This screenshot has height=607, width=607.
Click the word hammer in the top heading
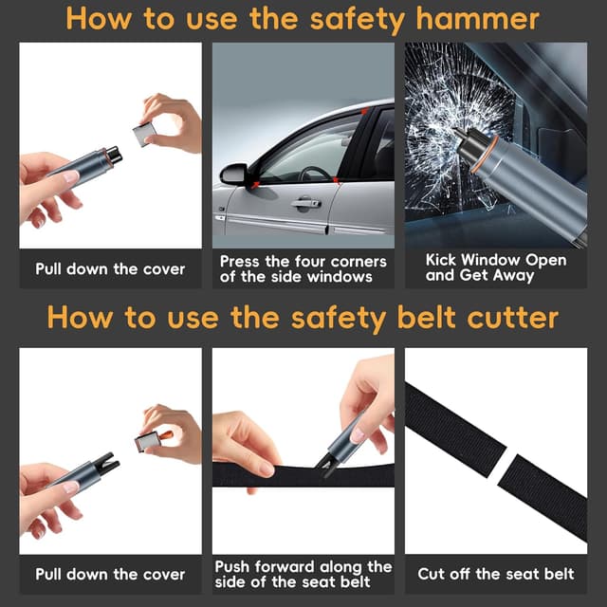tap(478, 19)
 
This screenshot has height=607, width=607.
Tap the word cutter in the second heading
tap(513, 318)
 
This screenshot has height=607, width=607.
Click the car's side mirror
tap(234, 174)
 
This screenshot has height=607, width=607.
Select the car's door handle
tap(306, 204)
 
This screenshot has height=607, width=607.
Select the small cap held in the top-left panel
tap(144, 134)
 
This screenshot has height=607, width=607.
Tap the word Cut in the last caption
tap(431, 574)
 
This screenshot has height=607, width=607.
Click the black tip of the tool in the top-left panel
tap(114, 154)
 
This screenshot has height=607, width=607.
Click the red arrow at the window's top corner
tap(364, 112)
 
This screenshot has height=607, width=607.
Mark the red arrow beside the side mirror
tap(255, 185)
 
